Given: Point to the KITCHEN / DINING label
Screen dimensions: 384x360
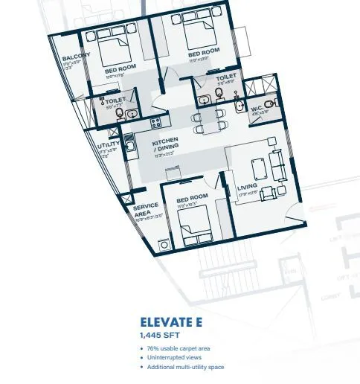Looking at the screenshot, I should tap(166, 147).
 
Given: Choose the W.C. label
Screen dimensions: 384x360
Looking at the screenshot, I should tap(257, 111).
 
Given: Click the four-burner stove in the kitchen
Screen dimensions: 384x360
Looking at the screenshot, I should tap(156, 123).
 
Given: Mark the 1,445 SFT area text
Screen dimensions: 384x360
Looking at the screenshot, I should tap(160, 336).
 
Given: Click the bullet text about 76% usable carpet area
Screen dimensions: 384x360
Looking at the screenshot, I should tap(179, 349).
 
